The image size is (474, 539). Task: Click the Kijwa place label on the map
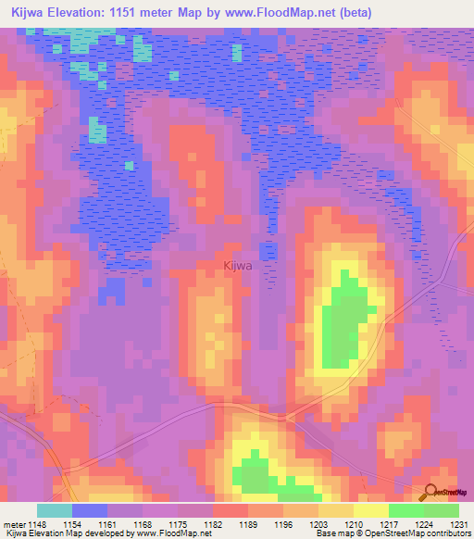238,266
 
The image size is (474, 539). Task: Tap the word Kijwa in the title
31,11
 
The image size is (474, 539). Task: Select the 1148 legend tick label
37,523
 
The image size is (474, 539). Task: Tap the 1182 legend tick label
213,523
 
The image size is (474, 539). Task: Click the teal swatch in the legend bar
55,510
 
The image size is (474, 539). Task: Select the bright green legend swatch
405,510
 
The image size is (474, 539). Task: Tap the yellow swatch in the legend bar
370,510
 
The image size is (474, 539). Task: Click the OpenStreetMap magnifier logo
430,494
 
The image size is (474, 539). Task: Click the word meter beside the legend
12,523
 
